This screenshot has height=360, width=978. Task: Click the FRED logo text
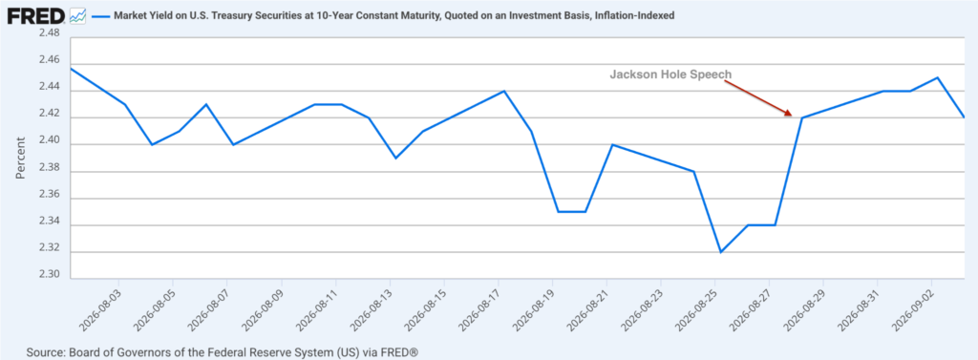pyautogui.click(x=35, y=15)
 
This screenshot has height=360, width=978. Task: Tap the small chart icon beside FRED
pyautogui.click(x=78, y=16)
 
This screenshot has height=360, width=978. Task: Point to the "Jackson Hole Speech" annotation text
pyautogui.click(x=670, y=74)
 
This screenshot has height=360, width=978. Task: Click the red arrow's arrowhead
pyautogui.click(x=788, y=113)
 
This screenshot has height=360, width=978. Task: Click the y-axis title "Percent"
pyautogui.click(x=21, y=158)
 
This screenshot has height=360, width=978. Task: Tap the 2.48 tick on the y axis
pyautogui.click(x=49, y=33)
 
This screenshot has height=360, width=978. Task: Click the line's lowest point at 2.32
pyautogui.click(x=720, y=252)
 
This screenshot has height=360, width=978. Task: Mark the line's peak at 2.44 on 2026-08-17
pyautogui.click(x=504, y=91)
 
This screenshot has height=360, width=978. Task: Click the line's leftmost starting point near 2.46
pyautogui.click(x=71, y=68)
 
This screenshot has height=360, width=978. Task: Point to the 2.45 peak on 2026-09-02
pyautogui.click(x=938, y=78)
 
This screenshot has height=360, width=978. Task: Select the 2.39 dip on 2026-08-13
pyautogui.click(x=395, y=158)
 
